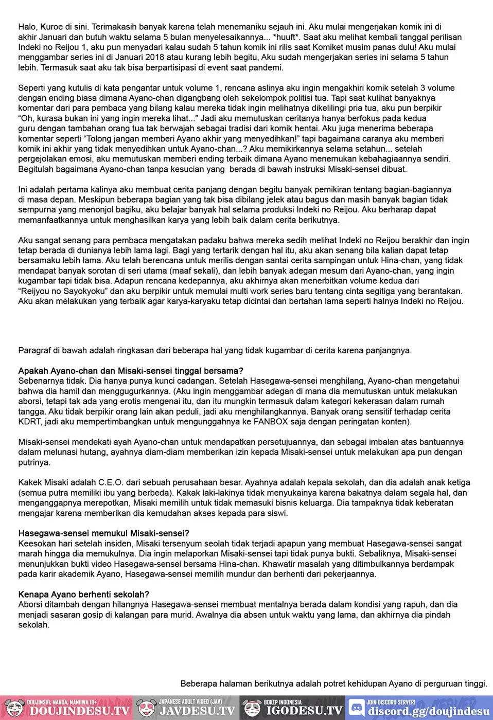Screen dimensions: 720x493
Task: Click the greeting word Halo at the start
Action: [27, 27]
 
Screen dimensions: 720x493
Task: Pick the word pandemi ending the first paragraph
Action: [268, 67]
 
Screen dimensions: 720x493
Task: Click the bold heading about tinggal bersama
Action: [131, 371]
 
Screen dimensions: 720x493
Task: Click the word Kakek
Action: [30, 482]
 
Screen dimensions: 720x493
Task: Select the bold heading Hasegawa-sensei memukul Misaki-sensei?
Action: [103, 533]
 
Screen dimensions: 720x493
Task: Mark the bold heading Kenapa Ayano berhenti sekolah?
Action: [84, 594]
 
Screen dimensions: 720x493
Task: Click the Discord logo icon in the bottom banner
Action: [356, 708]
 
